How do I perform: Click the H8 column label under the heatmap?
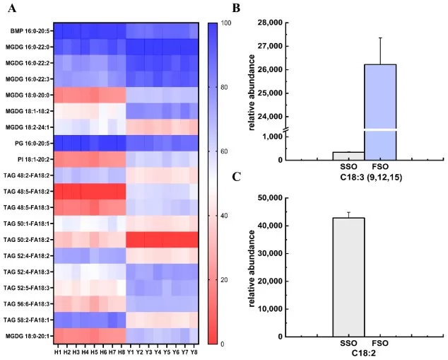click(121, 352)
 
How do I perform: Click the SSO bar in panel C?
click(348, 277)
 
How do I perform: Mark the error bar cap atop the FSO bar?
click(381, 38)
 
